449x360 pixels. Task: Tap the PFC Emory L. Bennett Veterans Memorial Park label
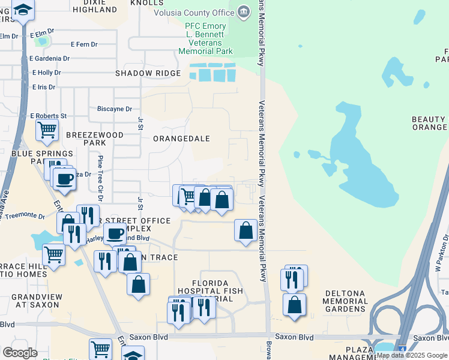coord(205,38)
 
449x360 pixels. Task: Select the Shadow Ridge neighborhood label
coord(148,73)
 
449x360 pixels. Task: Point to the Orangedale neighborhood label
coord(181,139)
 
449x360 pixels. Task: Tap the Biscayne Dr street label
coord(115,109)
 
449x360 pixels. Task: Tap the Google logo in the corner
coord(20,353)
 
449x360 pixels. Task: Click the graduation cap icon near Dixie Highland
coord(23,10)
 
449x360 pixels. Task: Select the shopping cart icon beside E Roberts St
coord(47,130)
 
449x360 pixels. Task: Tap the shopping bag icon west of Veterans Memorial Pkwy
coord(246,230)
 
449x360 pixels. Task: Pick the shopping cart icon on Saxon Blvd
coord(100,349)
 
